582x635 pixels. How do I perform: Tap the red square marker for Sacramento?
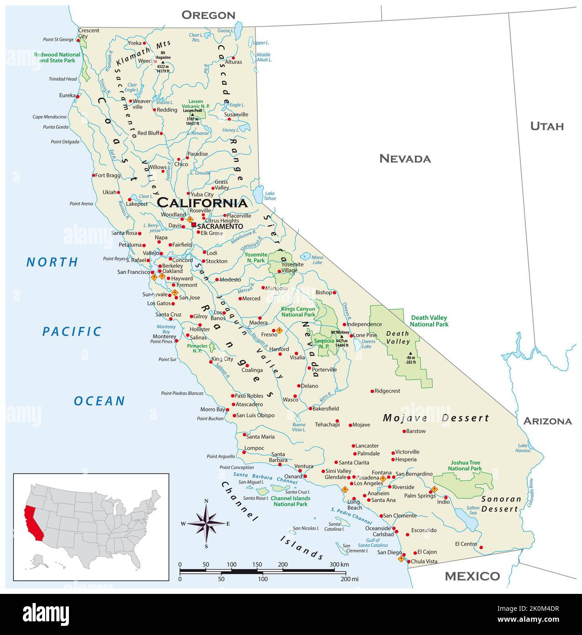(194, 225)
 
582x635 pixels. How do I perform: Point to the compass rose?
(206, 524)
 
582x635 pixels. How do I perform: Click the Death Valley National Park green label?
(429, 321)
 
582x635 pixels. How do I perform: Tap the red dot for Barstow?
(404, 431)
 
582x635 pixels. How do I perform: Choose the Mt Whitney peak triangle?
(341, 336)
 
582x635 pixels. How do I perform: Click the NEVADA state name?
(405, 159)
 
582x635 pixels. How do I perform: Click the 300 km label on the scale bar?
(339, 565)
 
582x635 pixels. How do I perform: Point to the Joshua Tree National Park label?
(465, 466)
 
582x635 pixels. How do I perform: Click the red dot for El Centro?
(481, 547)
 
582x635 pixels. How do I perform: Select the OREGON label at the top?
(208, 15)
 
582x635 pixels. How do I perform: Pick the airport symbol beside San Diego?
(401, 558)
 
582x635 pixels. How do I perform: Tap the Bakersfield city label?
(326, 408)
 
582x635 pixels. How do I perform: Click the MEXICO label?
(472, 576)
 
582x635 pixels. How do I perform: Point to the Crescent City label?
(89, 33)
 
